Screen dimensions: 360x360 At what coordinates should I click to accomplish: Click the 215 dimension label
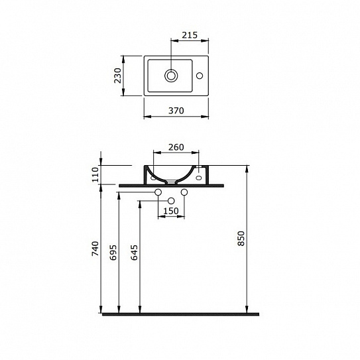[190, 35]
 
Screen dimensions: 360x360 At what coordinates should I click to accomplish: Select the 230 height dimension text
[118, 76]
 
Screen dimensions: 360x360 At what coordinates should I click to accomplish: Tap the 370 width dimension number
[176, 111]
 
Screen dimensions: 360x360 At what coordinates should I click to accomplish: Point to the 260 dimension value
[176, 147]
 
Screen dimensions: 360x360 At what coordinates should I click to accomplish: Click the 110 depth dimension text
[95, 174]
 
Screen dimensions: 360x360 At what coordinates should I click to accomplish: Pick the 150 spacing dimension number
[171, 211]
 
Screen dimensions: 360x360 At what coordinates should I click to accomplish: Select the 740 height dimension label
[95, 249]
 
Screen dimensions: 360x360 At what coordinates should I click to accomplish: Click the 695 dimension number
[113, 253]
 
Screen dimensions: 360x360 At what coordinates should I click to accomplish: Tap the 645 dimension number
[134, 253]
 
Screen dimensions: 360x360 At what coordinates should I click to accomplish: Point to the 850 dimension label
[241, 239]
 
